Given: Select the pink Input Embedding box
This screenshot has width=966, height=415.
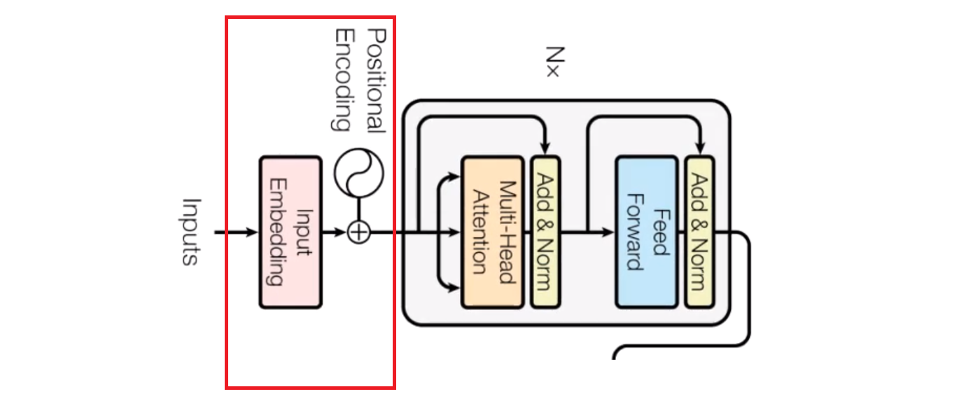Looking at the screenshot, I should pyautogui.click(x=290, y=232).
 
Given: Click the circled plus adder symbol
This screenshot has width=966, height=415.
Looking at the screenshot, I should pyautogui.click(x=358, y=232).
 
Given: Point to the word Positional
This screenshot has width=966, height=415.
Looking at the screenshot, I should pyautogui.click(x=376, y=80).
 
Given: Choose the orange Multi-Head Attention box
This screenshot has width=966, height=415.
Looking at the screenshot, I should pyautogui.click(x=492, y=232).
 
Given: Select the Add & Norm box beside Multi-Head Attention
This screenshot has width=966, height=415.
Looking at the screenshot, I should pyautogui.click(x=545, y=232).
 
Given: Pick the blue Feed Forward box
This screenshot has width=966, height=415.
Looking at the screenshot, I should pyautogui.click(x=645, y=232).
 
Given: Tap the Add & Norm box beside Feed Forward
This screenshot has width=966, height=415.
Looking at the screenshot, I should pyautogui.click(x=699, y=232).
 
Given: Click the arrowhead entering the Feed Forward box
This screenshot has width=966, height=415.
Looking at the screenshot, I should pyautogui.click(x=608, y=232).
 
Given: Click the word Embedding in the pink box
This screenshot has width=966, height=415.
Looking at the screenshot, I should pyautogui.click(x=277, y=232).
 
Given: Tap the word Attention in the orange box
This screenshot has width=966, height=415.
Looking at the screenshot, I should pyautogui.click(x=479, y=232).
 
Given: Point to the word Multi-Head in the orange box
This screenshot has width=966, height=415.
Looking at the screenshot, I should pyautogui.click(x=506, y=232).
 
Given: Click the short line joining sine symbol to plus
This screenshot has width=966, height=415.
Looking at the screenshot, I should pyautogui.click(x=358, y=209).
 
